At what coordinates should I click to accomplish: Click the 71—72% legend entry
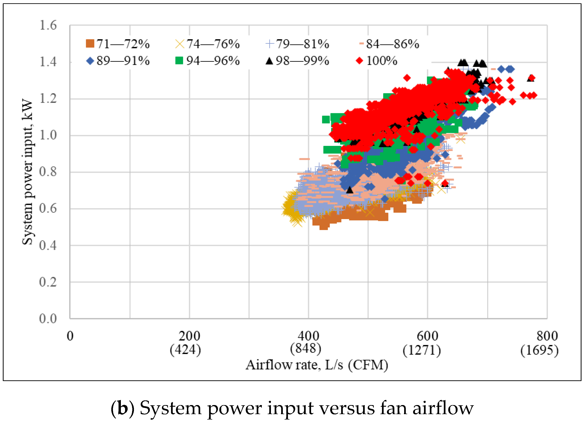tap(118, 44)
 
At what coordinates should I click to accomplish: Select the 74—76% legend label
tap(208, 44)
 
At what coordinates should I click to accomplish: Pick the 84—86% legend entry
tap(389, 44)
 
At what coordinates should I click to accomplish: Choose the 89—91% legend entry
tap(118, 61)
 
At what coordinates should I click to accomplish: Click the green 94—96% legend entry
tap(208, 61)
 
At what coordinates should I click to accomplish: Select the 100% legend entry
tap(377, 61)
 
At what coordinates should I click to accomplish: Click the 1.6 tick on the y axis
tap(48, 25)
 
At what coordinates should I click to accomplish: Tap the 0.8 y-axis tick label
tap(48, 172)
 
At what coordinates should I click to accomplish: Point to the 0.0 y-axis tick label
tap(48, 319)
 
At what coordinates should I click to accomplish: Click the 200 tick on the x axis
tap(189, 336)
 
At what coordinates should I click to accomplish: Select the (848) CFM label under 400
tap(306, 348)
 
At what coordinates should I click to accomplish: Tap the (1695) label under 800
tap(539, 350)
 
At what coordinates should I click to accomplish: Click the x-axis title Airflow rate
tap(317, 365)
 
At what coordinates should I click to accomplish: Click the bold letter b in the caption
tap(123, 408)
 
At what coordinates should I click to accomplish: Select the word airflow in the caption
tap(443, 408)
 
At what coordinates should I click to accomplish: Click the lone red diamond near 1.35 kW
tap(407, 78)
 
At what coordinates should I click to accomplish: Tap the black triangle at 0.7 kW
tap(350, 190)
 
